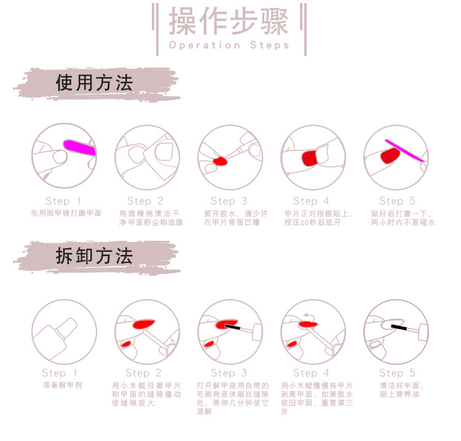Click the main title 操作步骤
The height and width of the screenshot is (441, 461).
pos(229,22)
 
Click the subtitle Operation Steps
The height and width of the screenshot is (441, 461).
pos(229,45)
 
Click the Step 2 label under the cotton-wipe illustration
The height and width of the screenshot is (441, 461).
pos(145,201)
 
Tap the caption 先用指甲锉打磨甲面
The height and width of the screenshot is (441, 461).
pos(66,213)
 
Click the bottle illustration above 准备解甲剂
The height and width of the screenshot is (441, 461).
pos(62,332)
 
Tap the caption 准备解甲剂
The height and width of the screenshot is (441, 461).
pos(62,385)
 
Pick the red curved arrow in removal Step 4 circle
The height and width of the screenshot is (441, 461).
pos(308,315)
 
